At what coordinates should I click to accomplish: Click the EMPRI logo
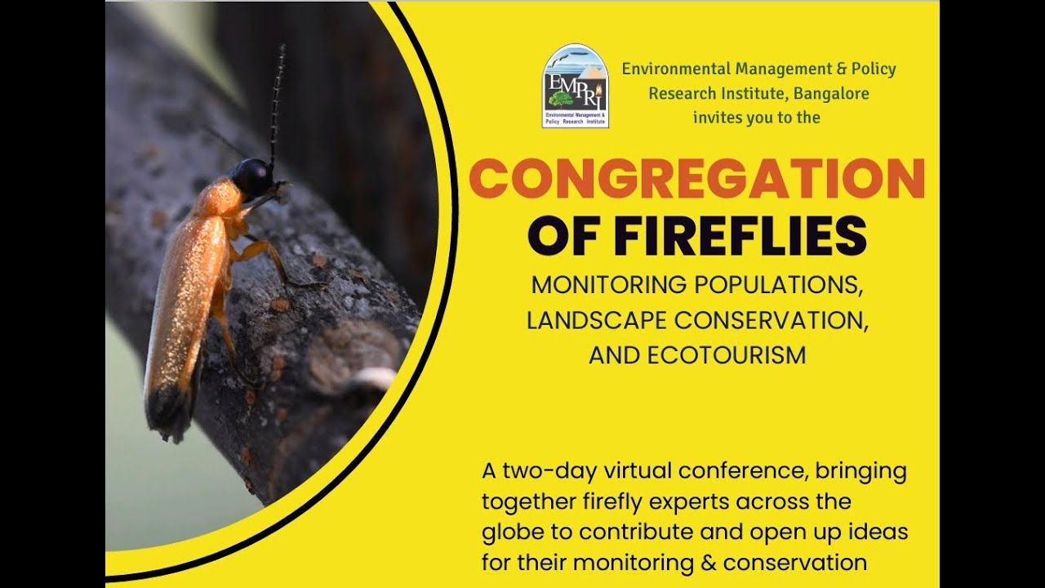(575, 86)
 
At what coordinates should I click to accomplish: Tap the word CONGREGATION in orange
(696, 180)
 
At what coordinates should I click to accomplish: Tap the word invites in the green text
(717, 118)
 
